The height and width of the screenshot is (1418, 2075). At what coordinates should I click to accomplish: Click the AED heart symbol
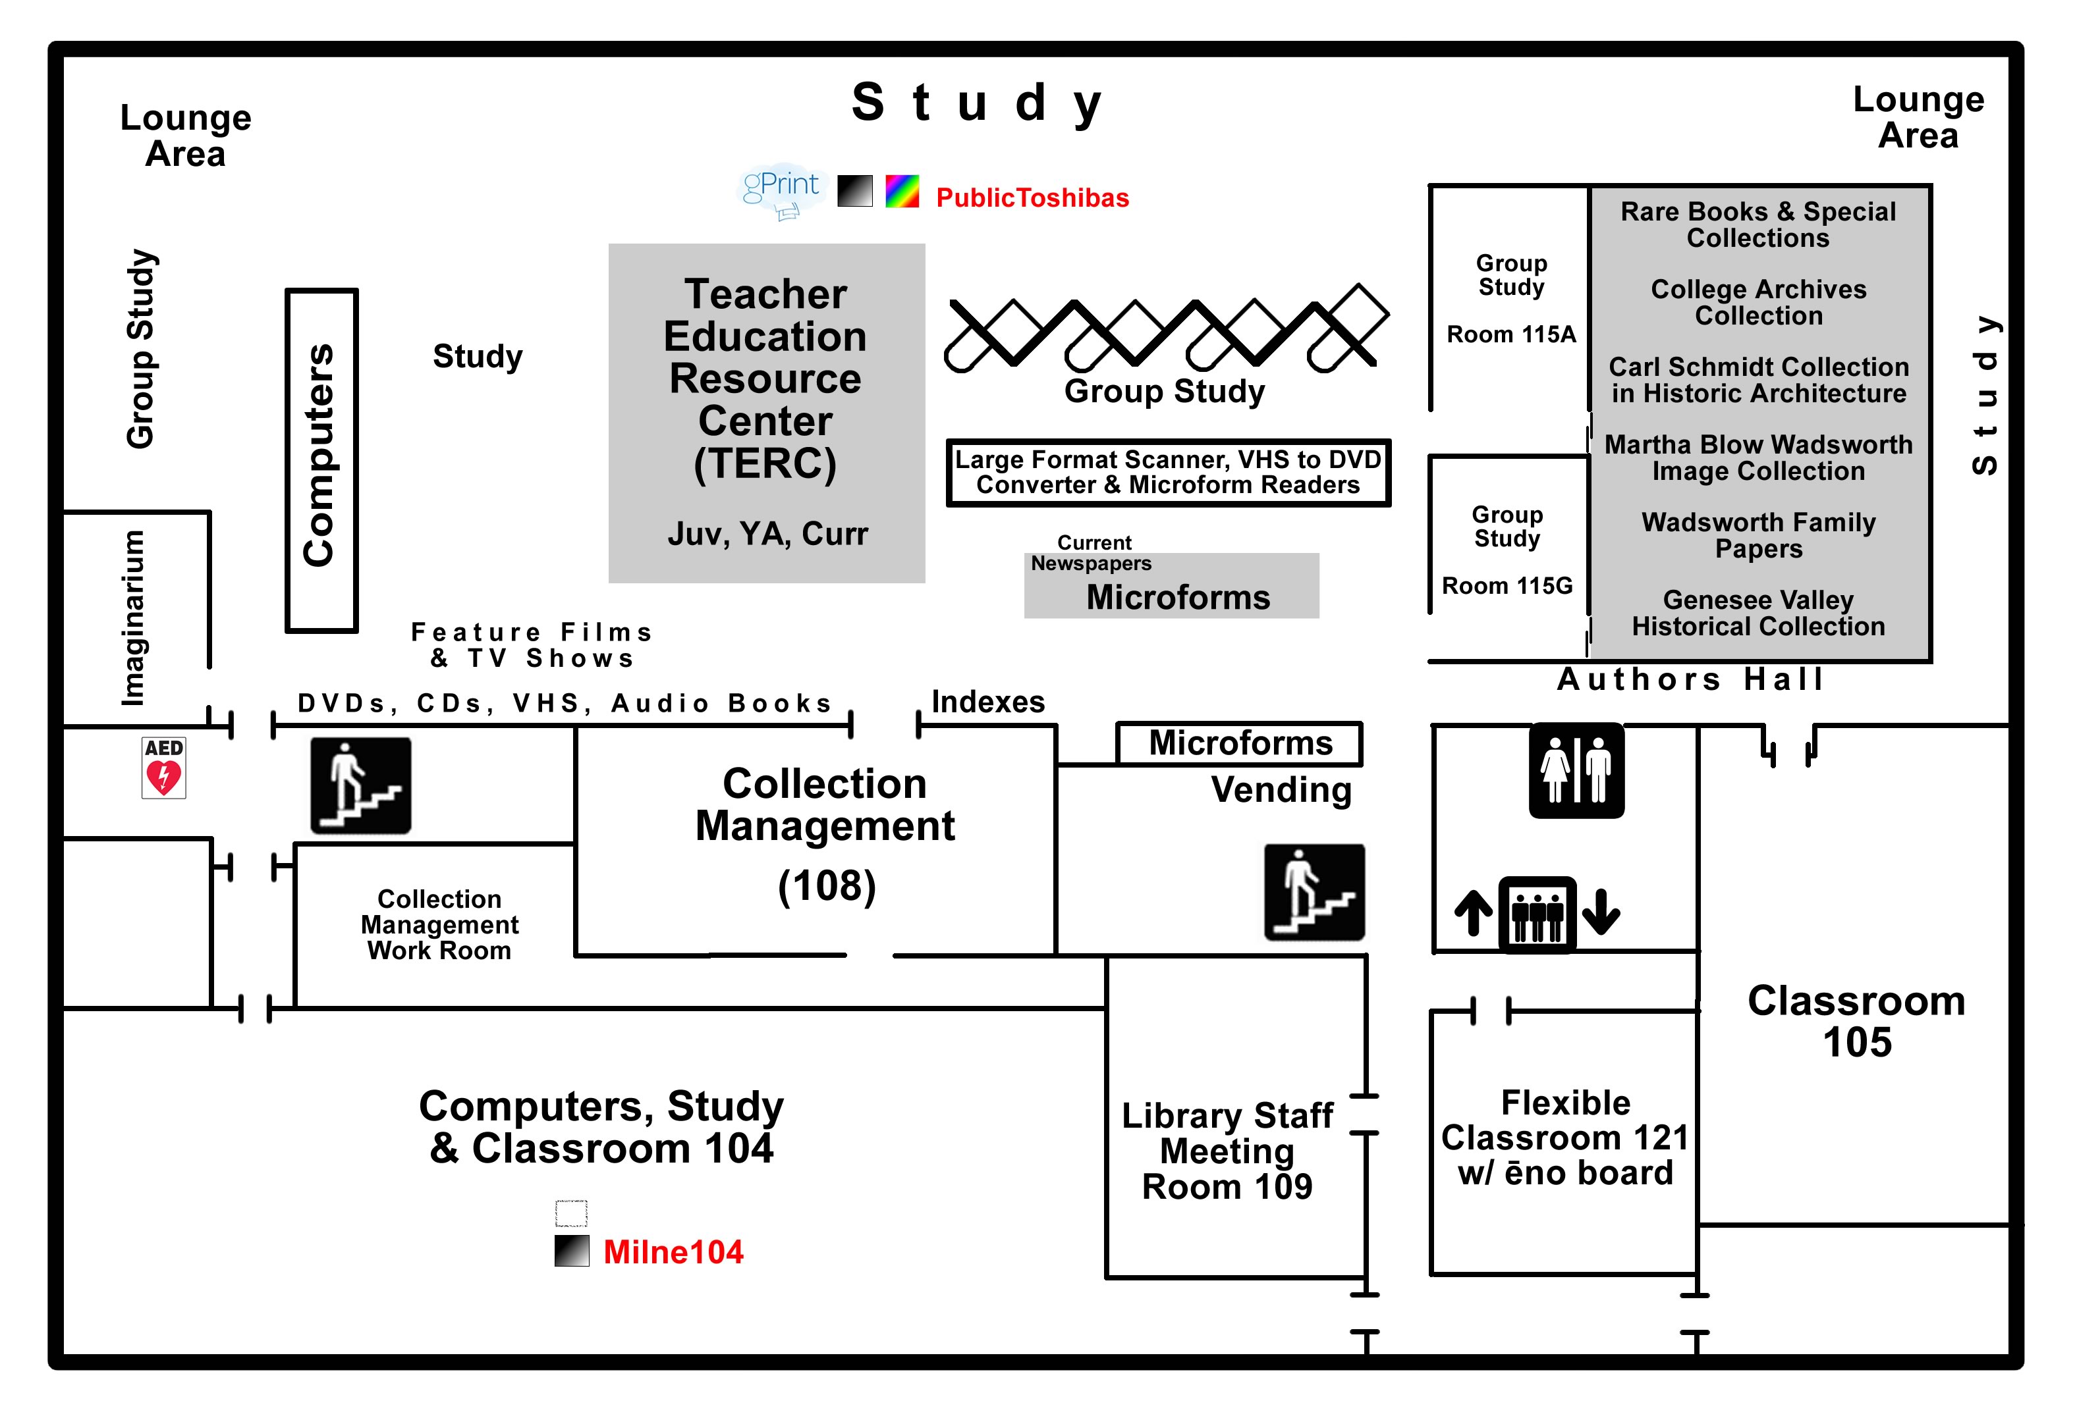(163, 776)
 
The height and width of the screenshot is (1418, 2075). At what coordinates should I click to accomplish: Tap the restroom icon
(1576, 770)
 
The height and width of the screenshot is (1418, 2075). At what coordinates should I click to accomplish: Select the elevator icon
(1537, 914)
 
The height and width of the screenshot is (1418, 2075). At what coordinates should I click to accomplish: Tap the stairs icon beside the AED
(361, 785)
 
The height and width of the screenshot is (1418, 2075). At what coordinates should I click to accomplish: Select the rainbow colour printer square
(902, 191)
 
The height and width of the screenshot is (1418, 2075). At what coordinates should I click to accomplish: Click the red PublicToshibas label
(1032, 197)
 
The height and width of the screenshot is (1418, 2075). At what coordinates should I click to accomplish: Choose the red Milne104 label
(673, 1252)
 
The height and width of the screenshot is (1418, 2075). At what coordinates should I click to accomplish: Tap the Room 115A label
(1510, 334)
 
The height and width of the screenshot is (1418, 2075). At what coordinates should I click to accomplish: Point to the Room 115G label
(1507, 587)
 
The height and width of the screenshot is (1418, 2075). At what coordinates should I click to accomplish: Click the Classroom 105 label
(1856, 1022)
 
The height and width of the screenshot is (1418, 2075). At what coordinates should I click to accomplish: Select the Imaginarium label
(133, 617)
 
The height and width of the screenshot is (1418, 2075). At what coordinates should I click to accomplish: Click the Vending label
(1281, 790)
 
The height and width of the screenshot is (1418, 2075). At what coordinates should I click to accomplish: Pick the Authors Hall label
(1691, 679)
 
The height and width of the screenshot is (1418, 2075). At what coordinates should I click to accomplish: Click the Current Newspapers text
(1092, 553)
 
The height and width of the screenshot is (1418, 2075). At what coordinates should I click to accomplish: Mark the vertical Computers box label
(319, 455)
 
